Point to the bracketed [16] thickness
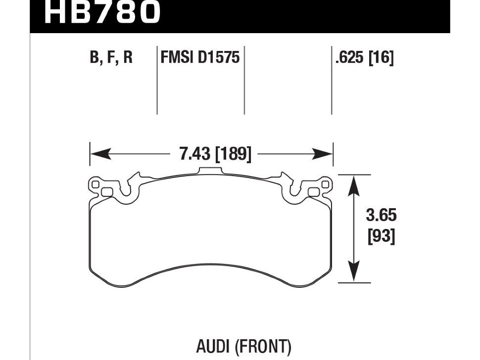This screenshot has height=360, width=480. [x=381, y=58]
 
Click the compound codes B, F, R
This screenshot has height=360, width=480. [x=111, y=58]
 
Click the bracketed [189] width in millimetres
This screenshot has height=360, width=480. [x=233, y=154]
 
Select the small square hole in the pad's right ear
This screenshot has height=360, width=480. [x=314, y=192]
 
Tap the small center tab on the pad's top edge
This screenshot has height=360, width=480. [x=211, y=171]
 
